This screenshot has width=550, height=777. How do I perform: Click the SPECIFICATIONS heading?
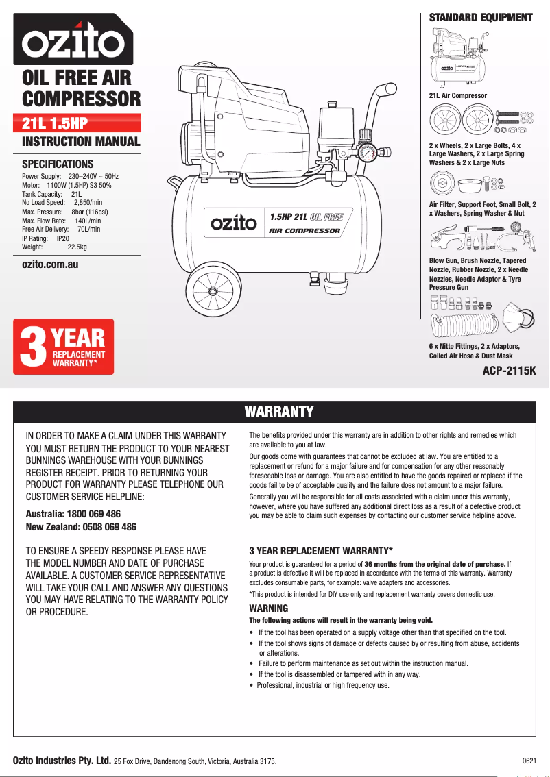tap(58, 164)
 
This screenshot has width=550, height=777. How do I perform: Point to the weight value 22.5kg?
tap(77, 247)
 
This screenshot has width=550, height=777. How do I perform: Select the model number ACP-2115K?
tap(510, 371)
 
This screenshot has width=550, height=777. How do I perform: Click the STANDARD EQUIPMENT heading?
tap(480, 18)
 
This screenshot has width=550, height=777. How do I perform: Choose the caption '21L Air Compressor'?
tap(457, 95)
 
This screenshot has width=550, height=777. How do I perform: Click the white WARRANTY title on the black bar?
tap(279, 411)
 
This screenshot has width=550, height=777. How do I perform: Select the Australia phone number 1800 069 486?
tap(93, 514)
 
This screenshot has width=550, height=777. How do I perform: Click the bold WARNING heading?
tap(268, 608)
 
